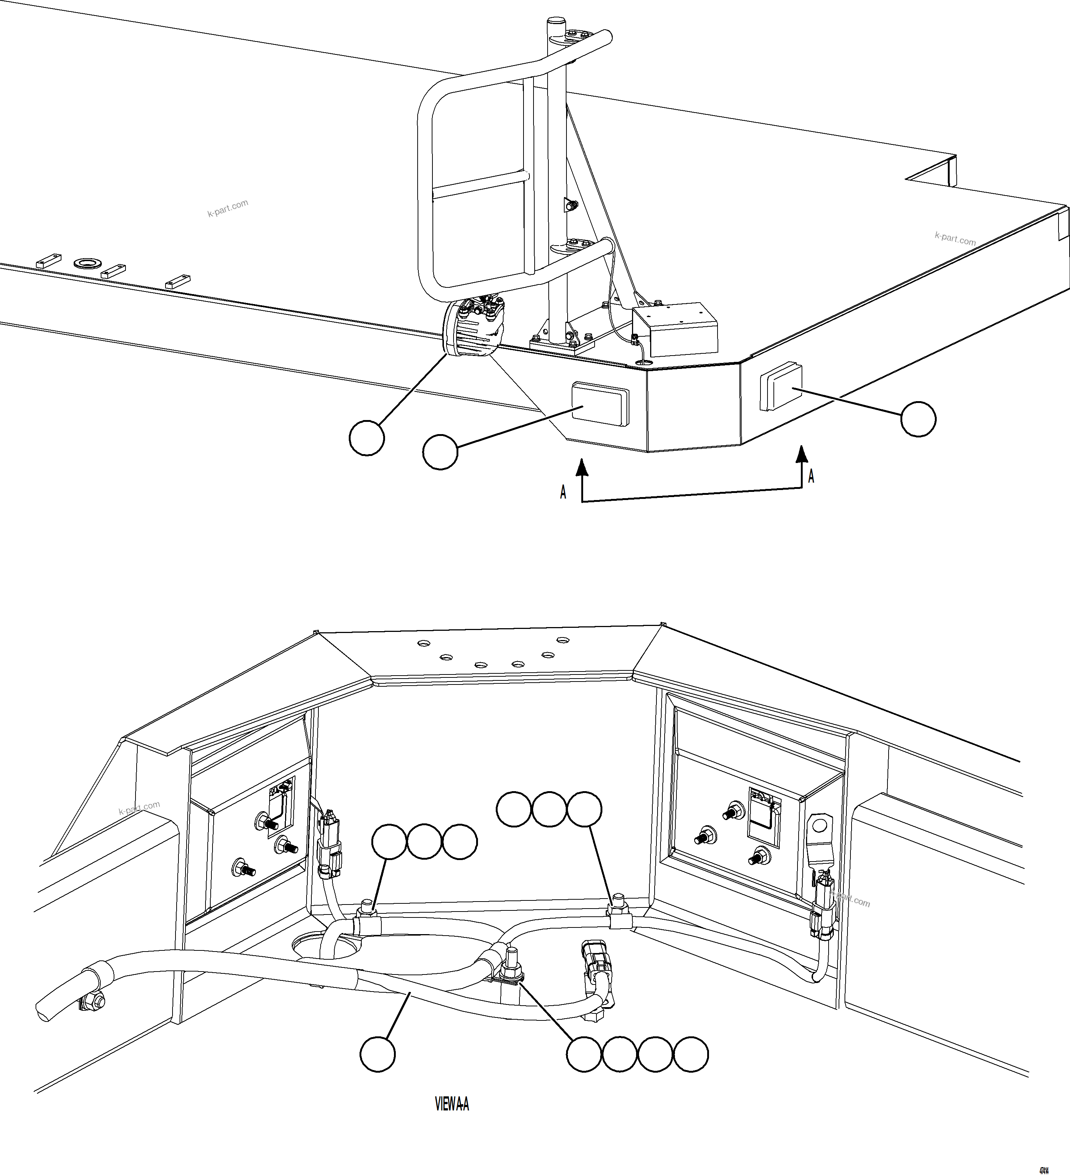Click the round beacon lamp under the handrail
473,327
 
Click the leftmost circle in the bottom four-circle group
584,1054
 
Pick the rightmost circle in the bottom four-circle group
691,1054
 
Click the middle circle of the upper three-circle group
549,809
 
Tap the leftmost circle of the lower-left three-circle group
389,842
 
